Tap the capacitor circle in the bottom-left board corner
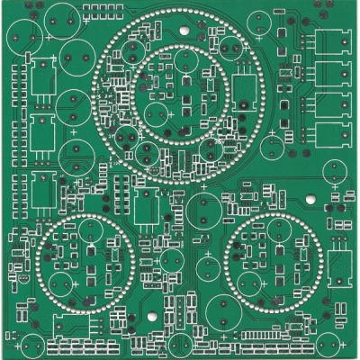[32, 345]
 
